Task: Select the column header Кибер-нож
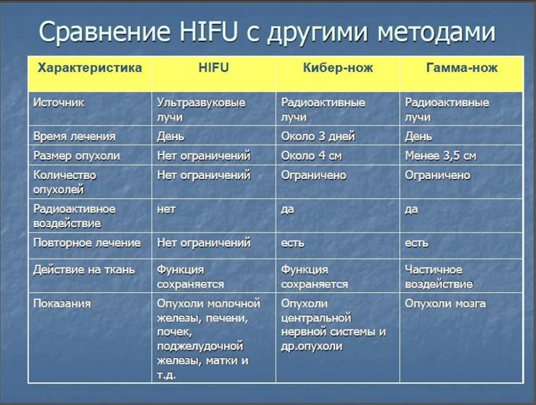338,67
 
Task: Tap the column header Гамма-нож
462,67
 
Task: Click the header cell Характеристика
90,68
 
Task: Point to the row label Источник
59,103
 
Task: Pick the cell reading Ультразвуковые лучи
201,110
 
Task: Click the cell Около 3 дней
318,137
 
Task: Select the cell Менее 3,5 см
441,156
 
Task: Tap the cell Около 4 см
311,156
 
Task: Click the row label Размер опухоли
76,156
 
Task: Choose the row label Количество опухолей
65,182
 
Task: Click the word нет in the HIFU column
166,209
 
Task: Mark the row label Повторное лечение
87,243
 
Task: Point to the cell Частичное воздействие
439,277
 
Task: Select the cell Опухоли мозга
445,303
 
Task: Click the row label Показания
62,303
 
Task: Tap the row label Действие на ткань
84,270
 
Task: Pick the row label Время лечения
74,137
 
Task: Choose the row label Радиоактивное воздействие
74,216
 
